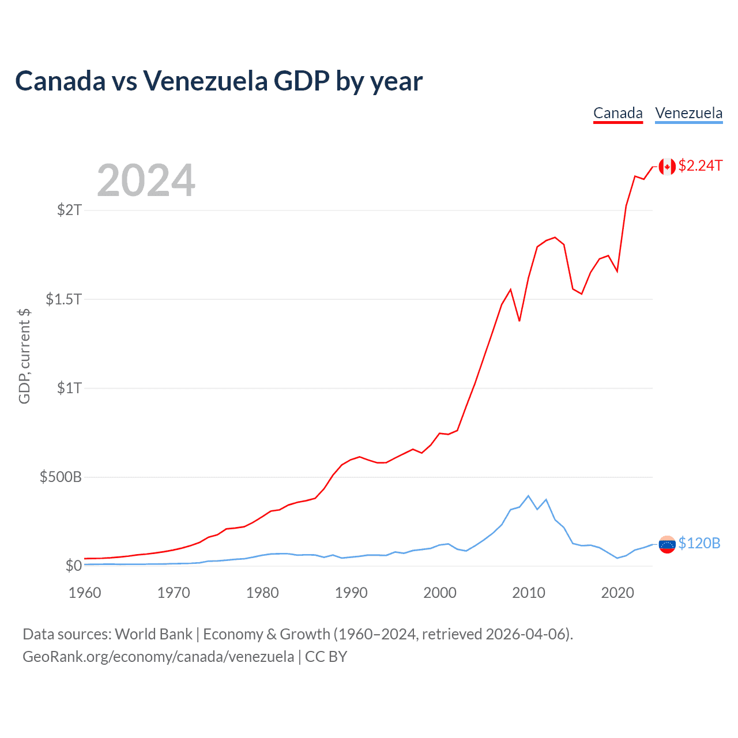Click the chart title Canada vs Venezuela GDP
219,81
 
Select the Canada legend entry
618,112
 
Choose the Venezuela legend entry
689,112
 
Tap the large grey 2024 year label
146,181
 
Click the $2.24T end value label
701,165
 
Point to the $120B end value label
699,543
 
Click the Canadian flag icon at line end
667,167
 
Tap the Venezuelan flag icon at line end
667,544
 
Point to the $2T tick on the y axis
69,209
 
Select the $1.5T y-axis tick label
63,299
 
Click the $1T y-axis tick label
69,387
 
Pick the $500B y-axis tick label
61,477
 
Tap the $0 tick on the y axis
74,566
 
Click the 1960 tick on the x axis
85,593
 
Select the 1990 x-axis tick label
351,593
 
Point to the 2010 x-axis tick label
529,593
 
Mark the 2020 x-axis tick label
617,593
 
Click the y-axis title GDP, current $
24,356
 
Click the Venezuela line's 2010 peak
528,496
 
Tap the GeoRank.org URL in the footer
158,657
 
